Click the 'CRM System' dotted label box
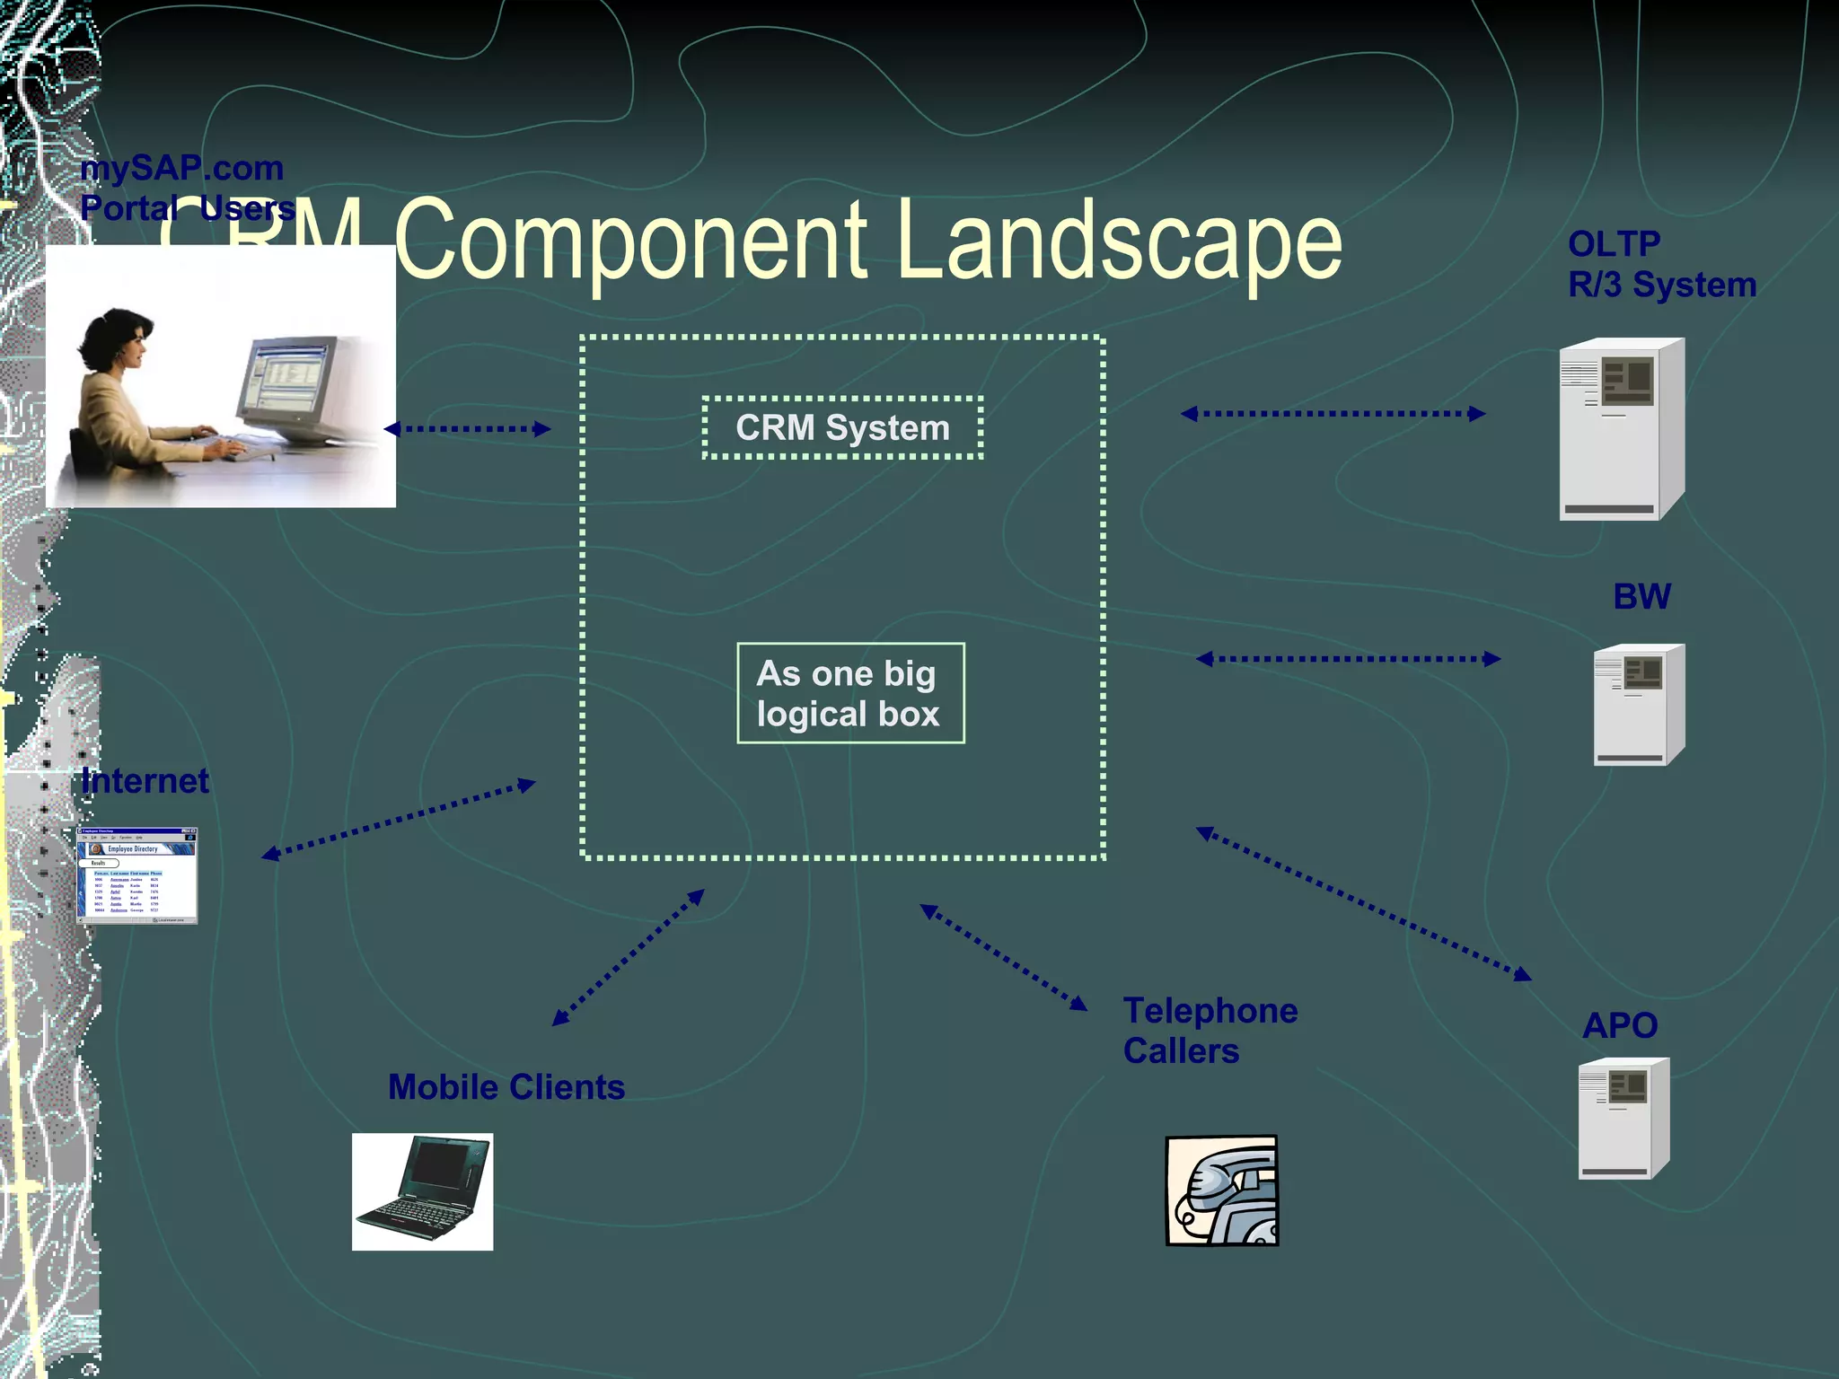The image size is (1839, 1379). (842, 427)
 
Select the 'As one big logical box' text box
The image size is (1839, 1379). (849, 693)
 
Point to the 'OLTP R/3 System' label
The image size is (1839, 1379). (1660, 264)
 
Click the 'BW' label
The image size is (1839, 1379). (1641, 597)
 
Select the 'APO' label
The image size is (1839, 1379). (1619, 1025)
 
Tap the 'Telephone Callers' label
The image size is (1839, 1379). (1209, 1031)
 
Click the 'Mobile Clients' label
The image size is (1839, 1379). (506, 1087)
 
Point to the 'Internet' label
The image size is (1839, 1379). (145, 781)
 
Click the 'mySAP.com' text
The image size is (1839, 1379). (181, 169)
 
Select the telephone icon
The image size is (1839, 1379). (1221, 1190)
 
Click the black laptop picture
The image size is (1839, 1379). (422, 1191)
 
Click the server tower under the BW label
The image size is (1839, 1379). (1638, 705)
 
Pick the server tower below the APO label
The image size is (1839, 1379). (1623, 1119)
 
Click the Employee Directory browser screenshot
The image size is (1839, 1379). (136, 875)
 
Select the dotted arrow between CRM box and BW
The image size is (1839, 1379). (1347, 659)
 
